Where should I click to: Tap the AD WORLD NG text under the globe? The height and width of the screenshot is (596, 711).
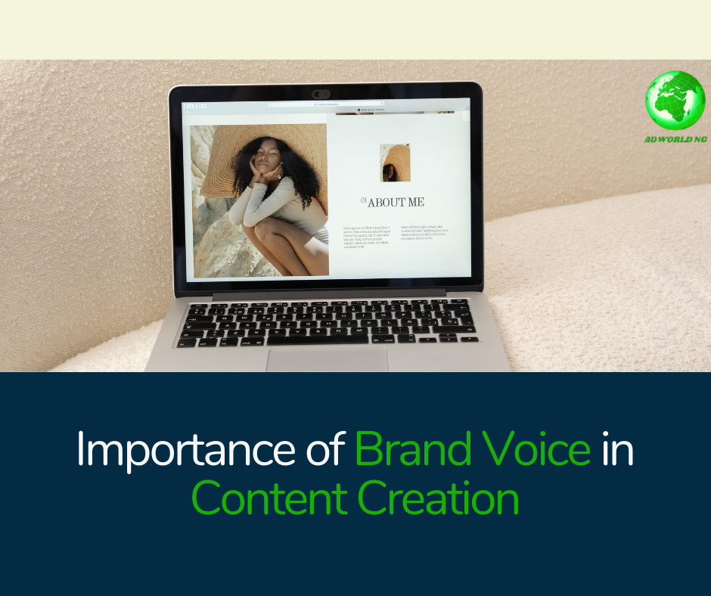pos(675,139)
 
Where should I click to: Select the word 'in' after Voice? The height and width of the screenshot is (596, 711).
pos(617,450)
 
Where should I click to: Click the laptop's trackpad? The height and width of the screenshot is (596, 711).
pos(328,359)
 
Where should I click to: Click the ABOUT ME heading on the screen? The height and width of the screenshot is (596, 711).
pos(396,202)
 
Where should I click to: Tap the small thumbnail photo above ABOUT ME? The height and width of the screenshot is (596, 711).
pos(395,163)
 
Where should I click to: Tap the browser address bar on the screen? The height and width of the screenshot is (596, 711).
pos(325,104)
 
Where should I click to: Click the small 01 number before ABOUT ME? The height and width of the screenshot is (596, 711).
pos(364,200)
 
